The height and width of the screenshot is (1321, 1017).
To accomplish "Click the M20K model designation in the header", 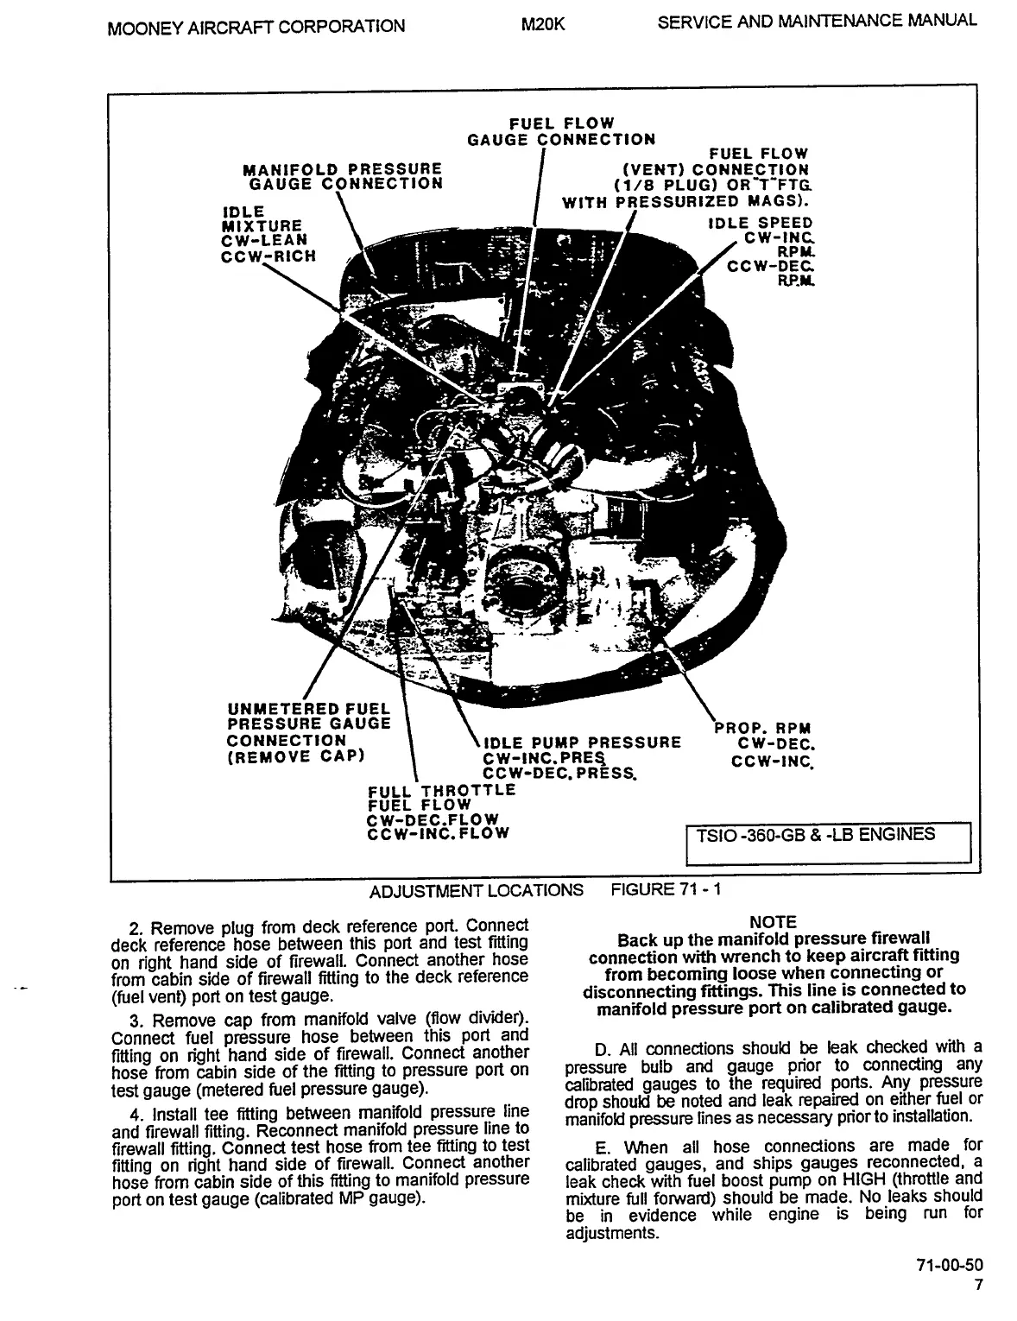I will [x=543, y=24].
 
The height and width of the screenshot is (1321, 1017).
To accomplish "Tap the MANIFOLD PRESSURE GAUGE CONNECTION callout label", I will [x=344, y=175].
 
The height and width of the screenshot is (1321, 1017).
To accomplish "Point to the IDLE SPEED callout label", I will [x=761, y=224].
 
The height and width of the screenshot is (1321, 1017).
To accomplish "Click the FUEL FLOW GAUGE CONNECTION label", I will [x=561, y=131].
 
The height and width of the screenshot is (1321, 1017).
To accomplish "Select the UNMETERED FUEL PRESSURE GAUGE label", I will [x=308, y=716].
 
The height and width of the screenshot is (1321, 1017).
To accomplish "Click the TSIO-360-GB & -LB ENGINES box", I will [x=828, y=841].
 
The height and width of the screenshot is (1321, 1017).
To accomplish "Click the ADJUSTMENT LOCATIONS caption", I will [x=476, y=890].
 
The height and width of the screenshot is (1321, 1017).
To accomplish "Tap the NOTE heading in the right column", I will [x=774, y=922].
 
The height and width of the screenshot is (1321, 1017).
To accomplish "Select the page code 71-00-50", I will [x=950, y=1266].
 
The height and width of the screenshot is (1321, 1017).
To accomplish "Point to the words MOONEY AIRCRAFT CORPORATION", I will [x=256, y=26].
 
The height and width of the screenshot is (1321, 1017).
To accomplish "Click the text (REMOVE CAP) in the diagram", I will [x=297, y=756].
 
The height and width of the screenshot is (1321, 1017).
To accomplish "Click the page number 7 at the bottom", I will [x=978, y=1285].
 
